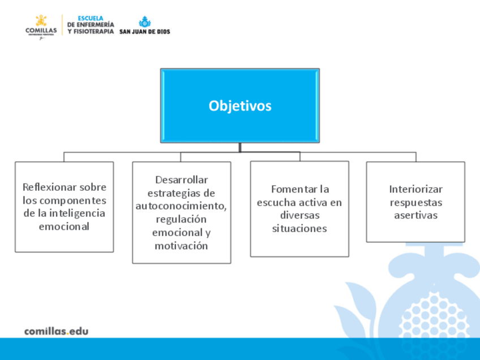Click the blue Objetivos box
click(240, 106)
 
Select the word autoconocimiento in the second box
click(181, 206)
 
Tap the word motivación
click(181, 246)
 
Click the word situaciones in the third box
click(299, 228)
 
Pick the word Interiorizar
click(415, 189)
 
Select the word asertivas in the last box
click(415, 215)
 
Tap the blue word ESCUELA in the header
click(91, 18)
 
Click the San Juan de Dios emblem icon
click(145, 22)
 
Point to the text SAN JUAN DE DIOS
click(144, 32)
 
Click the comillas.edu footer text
click(57, 331)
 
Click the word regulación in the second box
click(181, 220)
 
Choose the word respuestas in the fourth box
click(415, 203)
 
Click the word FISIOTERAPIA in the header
click(93, 32)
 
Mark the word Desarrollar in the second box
click(182, 179)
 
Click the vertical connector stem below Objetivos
click(240, 147)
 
